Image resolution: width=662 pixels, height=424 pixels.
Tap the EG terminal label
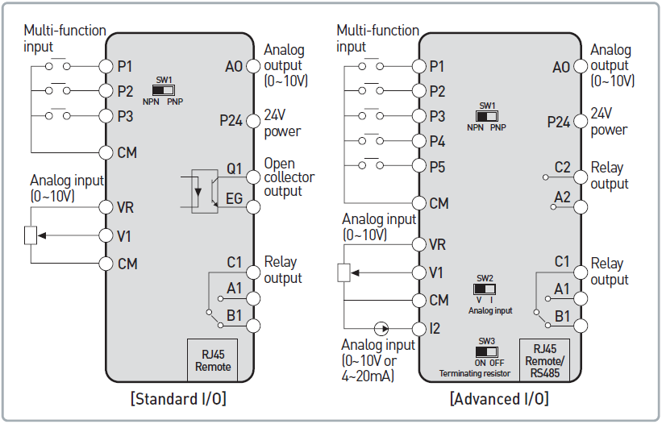[234, 199]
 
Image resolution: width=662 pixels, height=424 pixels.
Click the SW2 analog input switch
[485, 289]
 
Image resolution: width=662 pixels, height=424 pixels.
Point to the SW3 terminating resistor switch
[486, 351]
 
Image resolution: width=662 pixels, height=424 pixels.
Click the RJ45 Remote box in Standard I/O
[213, 360]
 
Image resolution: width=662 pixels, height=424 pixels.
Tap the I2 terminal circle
[418, 328]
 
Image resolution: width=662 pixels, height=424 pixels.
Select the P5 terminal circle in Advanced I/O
[418, 167]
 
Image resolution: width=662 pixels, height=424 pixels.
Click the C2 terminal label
[563, 168]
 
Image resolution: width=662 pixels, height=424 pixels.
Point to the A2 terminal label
[563, 197]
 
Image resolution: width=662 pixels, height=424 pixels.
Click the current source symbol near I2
[381, 328]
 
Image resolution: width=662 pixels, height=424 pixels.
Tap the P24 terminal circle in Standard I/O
[253, 122]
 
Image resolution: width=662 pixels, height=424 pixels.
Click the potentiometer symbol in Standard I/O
[30, 235]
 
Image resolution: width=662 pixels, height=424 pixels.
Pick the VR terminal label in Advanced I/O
[438, 243]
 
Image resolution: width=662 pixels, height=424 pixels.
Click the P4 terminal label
[437, 142]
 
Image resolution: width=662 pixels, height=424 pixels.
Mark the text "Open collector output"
[289, 177]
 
